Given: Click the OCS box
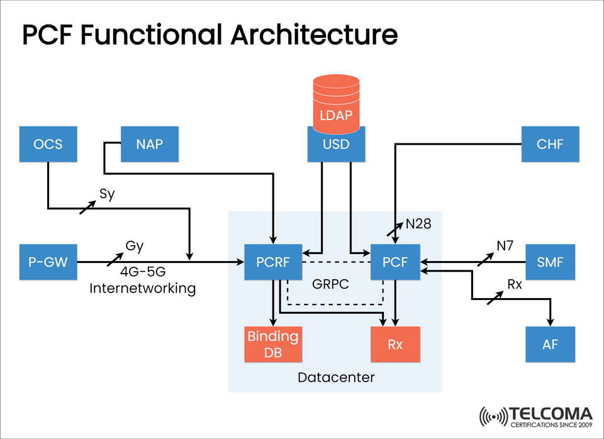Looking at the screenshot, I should point(48,144).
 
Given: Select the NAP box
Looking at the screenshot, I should point(149,144).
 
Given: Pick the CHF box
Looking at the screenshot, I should point(551,144).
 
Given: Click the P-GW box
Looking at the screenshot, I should point(48,262).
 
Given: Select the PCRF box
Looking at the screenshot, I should point(272,262).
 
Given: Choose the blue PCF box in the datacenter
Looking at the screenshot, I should point(394,262).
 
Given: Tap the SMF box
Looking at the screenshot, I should point(551,262).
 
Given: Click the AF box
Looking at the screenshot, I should point(551,344).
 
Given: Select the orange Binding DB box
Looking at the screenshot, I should point(272,344).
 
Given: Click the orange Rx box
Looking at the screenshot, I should point(394,344).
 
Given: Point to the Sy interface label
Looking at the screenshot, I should point(107,194).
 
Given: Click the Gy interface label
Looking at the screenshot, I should point(135,246).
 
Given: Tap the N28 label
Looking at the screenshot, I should point(418,223).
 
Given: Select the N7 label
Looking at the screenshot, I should point(505,246).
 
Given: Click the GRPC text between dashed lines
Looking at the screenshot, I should point(330,284).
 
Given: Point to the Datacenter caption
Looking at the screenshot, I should point(336,377).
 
